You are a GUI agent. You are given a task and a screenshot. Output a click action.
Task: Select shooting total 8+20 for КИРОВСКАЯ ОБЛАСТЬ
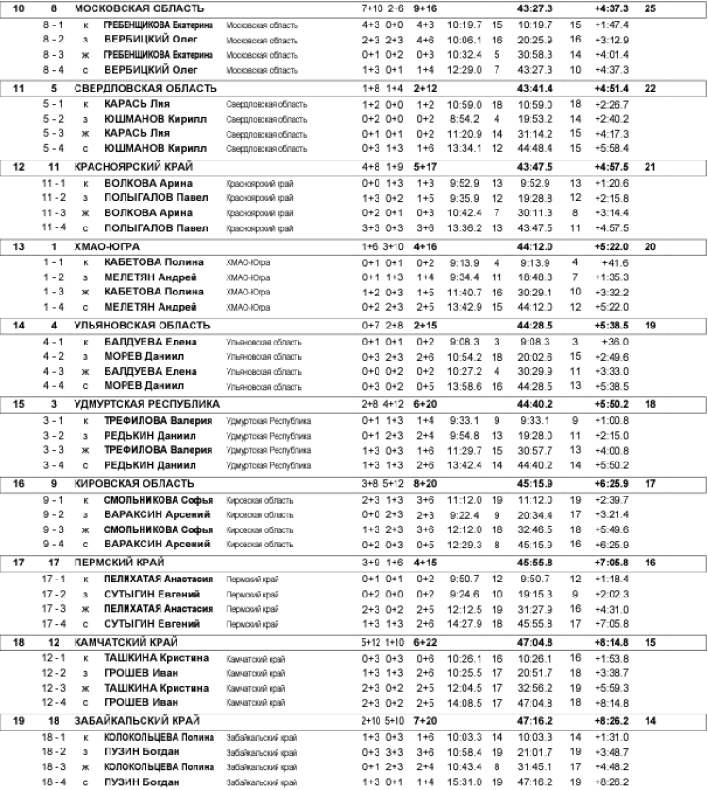(x=425, y=483)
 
